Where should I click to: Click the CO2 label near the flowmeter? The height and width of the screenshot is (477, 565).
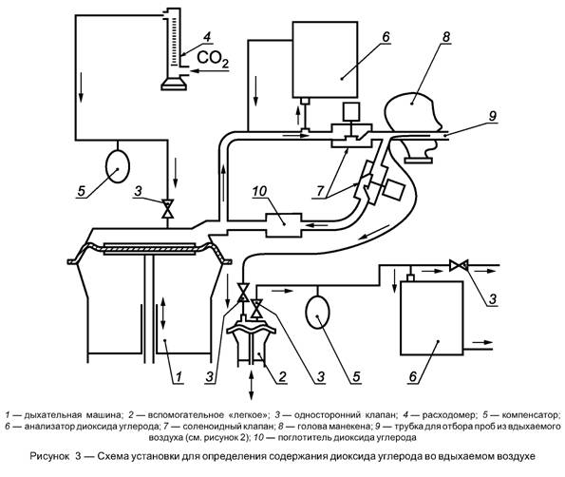click(x=213, y=59)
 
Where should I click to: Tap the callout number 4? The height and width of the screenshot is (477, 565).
click(x=207, y=36)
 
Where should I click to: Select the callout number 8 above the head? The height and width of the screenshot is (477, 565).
click(x=446, y=37)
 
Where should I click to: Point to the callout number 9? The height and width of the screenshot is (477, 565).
click(x=492, y=115)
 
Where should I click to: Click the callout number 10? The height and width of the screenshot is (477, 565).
click(x=259, y=191)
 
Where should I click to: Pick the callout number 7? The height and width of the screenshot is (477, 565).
click(x=320, y=191)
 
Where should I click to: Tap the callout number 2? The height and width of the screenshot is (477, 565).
click(x=281, y=377)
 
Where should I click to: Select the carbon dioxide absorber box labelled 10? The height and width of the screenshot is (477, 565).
click(x=284, y=225)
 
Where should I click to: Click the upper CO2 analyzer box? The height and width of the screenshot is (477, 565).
click(x=325, y=59)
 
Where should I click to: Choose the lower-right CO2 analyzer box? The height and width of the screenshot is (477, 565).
click(x=432, y=317)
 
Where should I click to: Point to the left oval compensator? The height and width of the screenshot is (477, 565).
click(x=117, y=166)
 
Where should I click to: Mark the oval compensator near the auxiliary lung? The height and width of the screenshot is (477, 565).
click(x=317, y=312)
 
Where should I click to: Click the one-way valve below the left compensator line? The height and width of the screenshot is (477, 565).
click(x=167, y=208)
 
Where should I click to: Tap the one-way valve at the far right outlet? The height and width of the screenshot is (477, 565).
click(x=459, y=266)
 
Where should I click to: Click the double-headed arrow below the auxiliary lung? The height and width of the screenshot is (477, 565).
click(x=251, y=384)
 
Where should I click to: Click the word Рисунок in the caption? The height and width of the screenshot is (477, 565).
click(x=49, y=456)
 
